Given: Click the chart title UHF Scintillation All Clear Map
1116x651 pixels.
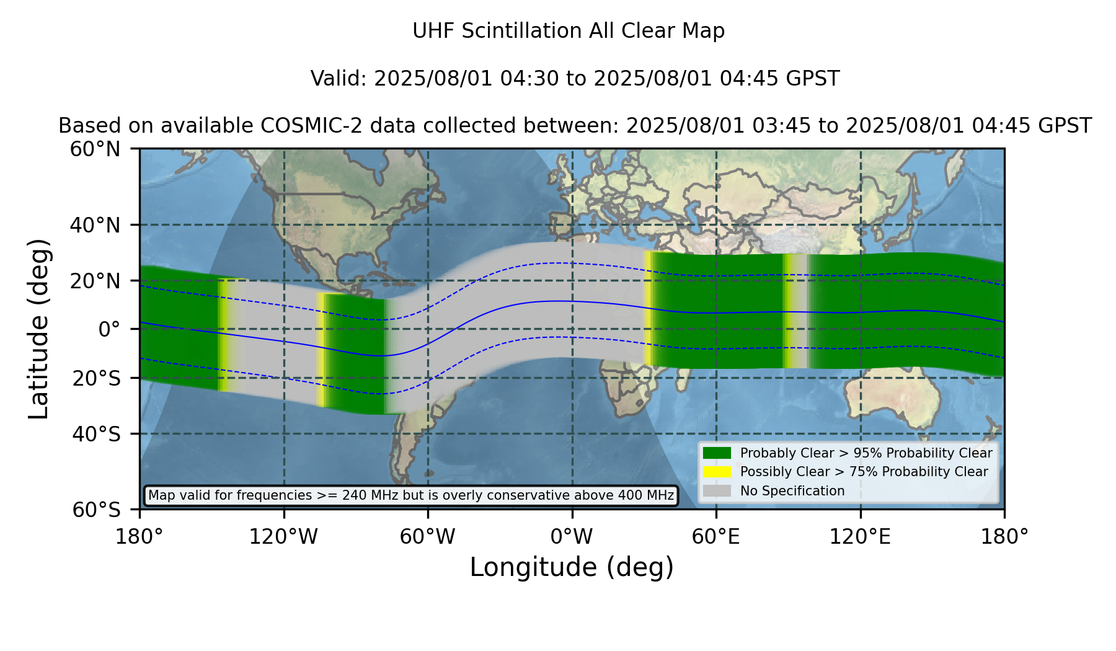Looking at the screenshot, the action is pyautogui.click(x=569, y=31).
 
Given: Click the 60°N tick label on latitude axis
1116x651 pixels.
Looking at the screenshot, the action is pyautogui.click(x=95, y=149).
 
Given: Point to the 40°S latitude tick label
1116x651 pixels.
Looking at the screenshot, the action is pyautogui.click(x=97, y=434).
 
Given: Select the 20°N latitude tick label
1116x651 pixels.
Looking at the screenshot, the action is pyautogui.click(x=95, y=281).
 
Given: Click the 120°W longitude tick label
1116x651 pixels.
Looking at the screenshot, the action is pyautogui.click(x=283, y=537).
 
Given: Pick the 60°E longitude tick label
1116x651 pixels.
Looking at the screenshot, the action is pyautogui.click(x=716, y=537).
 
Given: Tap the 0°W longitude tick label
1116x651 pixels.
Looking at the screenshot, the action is pyautogui.click(x=572, y=537).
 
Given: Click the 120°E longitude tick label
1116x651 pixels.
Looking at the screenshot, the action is pyautogui.click(x=860, y=537).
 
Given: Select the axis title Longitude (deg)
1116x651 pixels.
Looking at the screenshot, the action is pyautogui.click(x=572, y=567).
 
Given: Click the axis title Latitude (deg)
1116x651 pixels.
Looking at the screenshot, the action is pyautogui.click(x=39, y=329).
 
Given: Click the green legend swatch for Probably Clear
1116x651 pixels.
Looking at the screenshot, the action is pyautogui.click(x=717, y=453).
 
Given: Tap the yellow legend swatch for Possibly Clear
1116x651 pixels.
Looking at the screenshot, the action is pyautogui.click(x=717, y=472).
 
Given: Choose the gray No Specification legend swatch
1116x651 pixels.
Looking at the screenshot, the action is pyautogui.click(x=717, y=491).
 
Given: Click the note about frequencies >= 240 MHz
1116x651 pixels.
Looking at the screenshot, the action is pyautogui.click(x=411, y=495).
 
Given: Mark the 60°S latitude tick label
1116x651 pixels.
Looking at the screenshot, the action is pyautogui.click(x=97, y=510).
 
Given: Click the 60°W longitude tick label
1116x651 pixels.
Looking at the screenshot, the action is pyautogui.click(x=427, y=537).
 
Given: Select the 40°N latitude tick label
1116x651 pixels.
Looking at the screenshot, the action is pyautogui.click(x=95, y=225).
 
